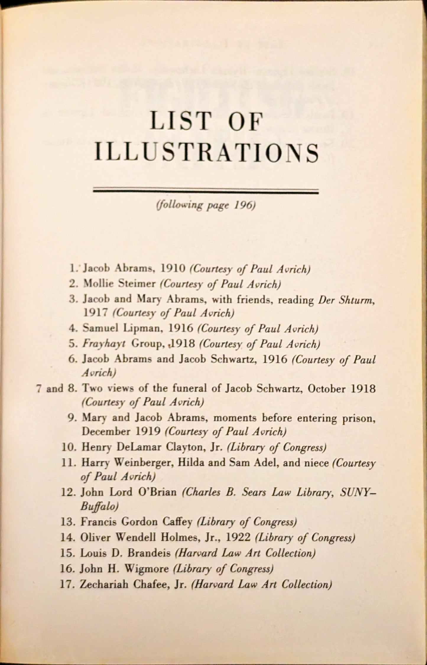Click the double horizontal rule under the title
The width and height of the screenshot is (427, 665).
[206, 191]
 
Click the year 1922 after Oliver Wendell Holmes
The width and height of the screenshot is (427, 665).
[238, 537]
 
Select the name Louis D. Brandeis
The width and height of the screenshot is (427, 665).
[125, 553]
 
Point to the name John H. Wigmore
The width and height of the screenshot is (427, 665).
[124, 568]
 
